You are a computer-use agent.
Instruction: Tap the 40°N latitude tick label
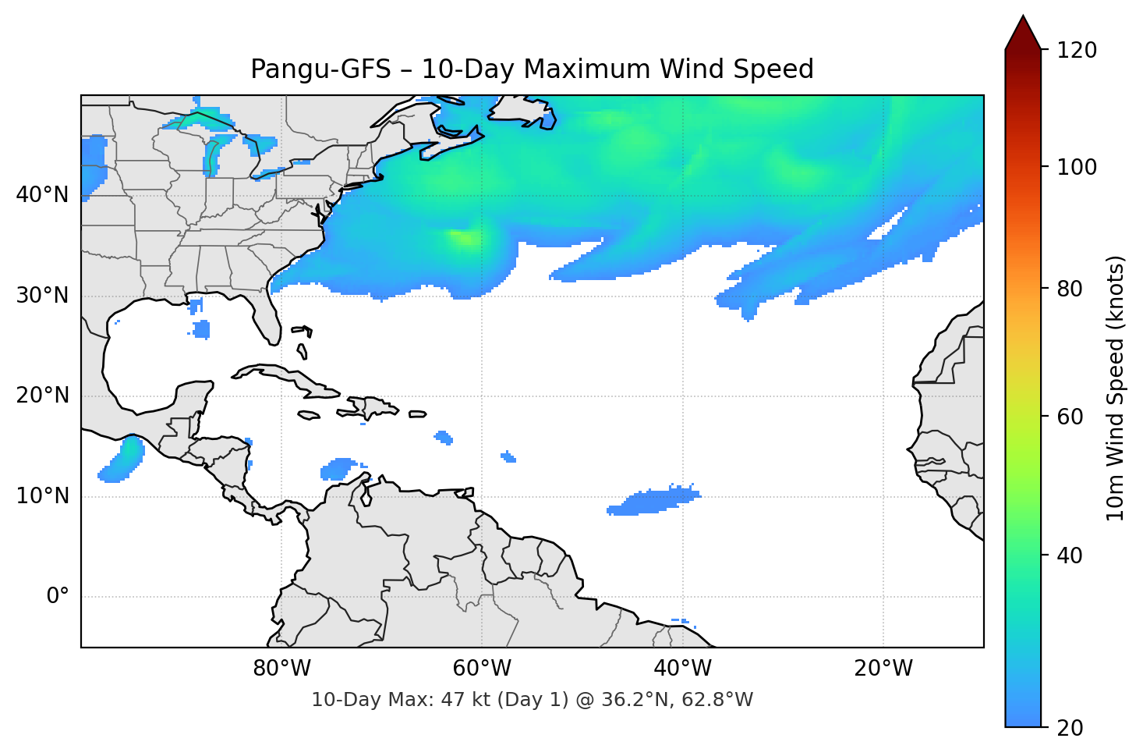pyautogui.click(x=42, y=194)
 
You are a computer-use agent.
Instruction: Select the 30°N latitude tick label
pyautogui.click(x=42, y=295)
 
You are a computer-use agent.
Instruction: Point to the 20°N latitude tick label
pyautogui.click(x=42, y=396)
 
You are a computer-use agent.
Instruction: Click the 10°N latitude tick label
pyautogui.click(x=42, y=496)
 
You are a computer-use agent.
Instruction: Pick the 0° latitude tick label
pyautogui.click(x=58, y=597)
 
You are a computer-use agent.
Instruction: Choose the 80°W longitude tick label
pyautogui.click(x=281, y=669)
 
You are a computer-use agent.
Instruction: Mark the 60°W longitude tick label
pyautogui.click(x=482, y=669)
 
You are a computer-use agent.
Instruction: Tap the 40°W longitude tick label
pyautogui.click(x=682, y=669)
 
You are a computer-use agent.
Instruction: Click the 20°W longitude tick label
pyautogui.click(x=883, y=669)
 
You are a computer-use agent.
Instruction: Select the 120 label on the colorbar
pyautogui.click(x=1077, y=50)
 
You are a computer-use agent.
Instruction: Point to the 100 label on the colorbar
pyautogui.click(x=1077, y=167)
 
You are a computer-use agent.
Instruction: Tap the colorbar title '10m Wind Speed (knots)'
pyautogui.click(x=1116, y=388)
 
